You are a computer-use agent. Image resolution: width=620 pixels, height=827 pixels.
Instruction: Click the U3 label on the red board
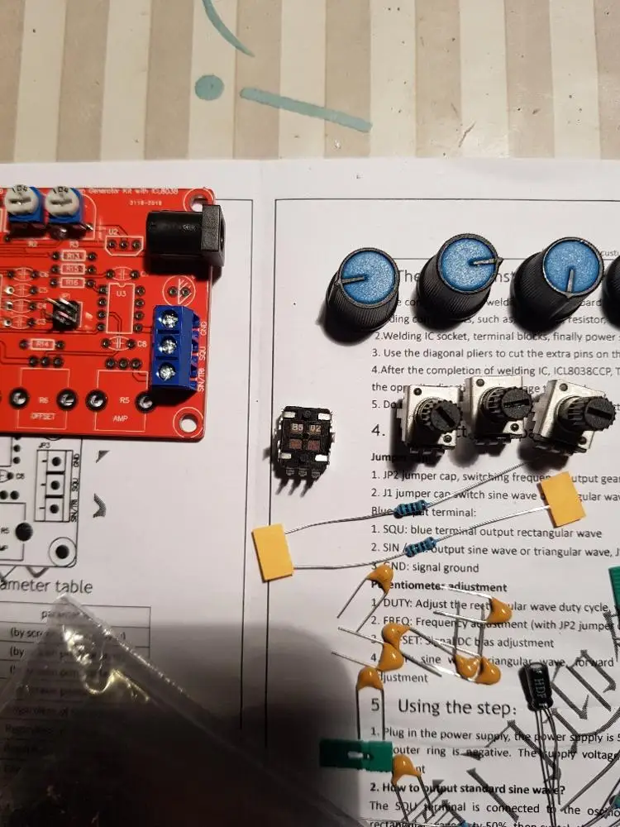121,294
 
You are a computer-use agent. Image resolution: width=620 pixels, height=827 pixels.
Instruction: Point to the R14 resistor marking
43,342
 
